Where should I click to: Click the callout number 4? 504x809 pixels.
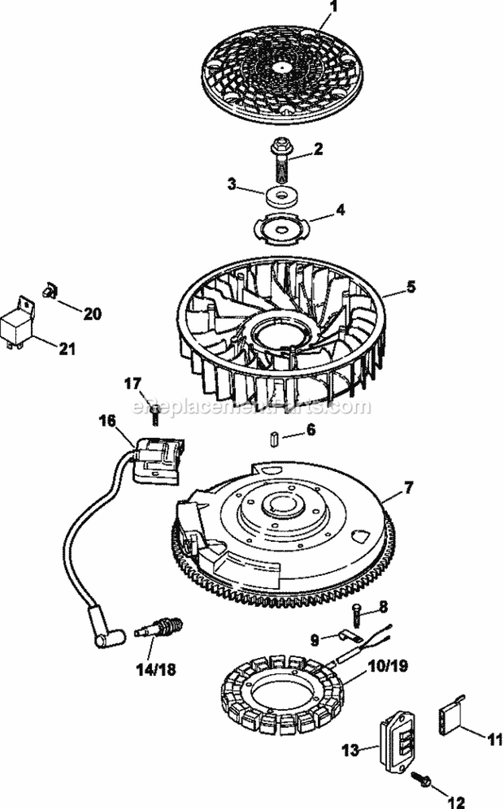tap(341, 209)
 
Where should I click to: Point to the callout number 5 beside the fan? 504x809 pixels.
tap(411, 287)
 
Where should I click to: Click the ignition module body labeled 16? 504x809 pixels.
tap(159, 460)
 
